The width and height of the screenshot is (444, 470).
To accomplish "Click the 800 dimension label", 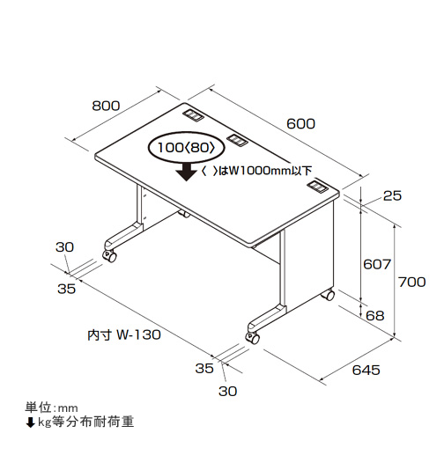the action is point(106,106).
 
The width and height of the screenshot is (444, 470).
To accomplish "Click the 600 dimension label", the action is point(301,124).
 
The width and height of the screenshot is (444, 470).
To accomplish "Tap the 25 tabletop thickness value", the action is point(392,195).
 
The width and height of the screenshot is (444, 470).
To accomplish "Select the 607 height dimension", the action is point(377,264).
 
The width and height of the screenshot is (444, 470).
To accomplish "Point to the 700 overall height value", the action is point(412,282).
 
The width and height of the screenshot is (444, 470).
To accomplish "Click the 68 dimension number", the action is point(375,316).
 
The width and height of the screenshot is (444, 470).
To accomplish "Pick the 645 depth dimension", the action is point(366,371).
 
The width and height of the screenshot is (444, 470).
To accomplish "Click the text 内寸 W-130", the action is point(124,334).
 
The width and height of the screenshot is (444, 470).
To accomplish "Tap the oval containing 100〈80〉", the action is point(186,148).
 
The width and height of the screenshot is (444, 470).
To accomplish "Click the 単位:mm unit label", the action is point(51,408).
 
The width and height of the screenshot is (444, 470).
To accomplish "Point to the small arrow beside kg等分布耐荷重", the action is point(30,422).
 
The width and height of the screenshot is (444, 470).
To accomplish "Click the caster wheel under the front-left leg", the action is point(109,255).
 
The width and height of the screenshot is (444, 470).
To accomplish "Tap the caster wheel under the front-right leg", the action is point(253,338).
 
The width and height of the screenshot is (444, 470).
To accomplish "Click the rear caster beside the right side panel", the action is point(329,295).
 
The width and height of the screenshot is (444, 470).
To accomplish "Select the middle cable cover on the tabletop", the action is point(237,140).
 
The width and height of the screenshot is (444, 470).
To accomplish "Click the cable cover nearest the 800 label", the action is point(193,115).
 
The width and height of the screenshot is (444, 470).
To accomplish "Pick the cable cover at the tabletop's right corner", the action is point(318,187).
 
